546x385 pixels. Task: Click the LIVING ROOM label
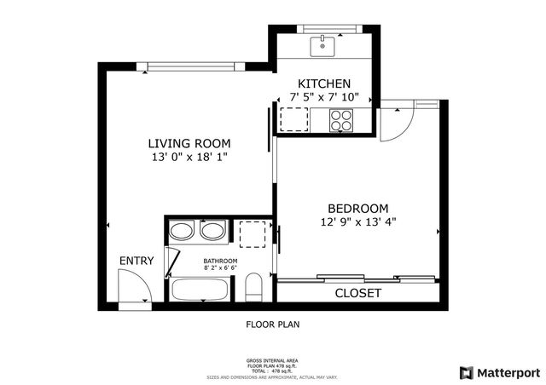189,143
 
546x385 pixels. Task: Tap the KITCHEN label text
323,83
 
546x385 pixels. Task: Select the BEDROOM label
358,208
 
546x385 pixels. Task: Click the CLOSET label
357,293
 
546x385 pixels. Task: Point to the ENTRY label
136,261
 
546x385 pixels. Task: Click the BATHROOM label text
220,261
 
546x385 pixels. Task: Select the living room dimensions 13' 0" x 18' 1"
189,157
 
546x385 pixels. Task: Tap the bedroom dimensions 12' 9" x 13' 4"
358,221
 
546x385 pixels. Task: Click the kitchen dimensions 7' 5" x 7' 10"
323,97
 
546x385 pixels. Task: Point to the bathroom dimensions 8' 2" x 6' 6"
220,269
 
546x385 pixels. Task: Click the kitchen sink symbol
322,45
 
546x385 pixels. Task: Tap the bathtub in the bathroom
200,290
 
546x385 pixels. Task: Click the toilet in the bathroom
253,287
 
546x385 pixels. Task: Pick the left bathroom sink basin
182,230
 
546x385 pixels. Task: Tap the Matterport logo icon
465,372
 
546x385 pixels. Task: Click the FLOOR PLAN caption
273,325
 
